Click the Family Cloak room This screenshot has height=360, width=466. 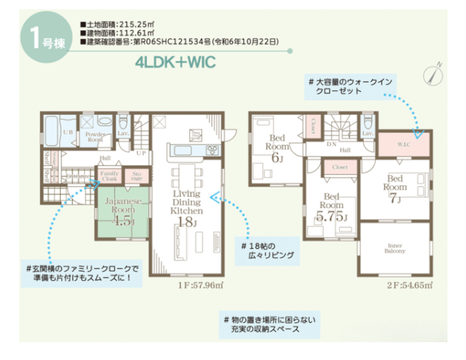click(x=108, y=176)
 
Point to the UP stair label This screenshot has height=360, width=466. click(x=141, y=153)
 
